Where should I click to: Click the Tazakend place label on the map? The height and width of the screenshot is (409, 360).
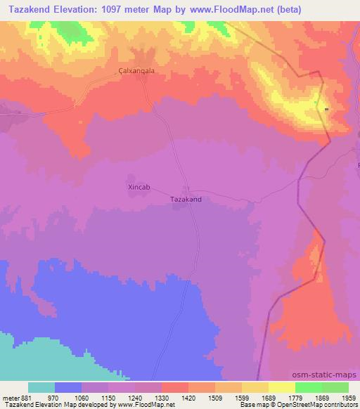pos(186,200)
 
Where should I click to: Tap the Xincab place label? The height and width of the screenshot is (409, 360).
pos(138,188)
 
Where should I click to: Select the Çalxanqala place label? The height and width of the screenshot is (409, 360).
pos(136,71)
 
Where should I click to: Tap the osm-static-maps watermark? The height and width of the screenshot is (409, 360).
pos(327,375)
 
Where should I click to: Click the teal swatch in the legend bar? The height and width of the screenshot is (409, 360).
pos(41,387)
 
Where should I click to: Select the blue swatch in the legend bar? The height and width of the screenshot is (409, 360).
pos(68,387)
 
